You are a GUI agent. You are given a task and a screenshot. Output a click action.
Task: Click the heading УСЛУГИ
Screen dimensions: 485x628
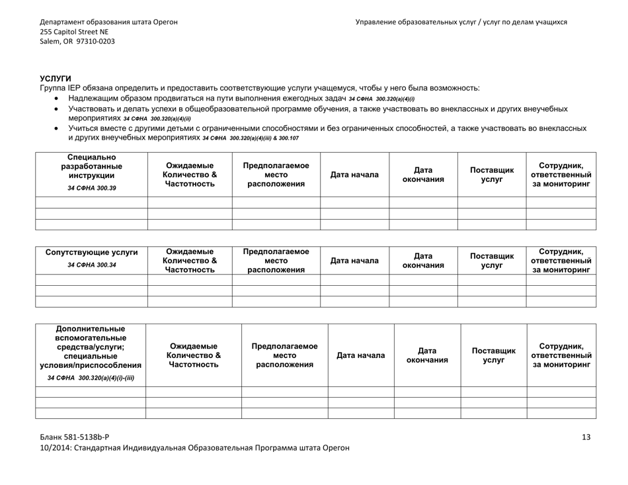56,79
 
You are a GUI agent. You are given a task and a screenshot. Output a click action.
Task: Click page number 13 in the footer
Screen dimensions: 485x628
586,437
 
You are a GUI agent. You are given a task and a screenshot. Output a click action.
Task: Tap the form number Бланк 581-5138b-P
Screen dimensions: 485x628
75,437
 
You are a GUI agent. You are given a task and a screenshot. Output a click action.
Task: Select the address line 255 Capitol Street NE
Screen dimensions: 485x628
74,31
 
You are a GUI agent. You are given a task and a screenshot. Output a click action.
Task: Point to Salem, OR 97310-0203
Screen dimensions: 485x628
77,41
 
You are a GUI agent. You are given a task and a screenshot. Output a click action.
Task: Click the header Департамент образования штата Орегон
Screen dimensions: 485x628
108,21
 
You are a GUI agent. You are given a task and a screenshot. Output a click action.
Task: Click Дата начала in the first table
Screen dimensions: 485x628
354,175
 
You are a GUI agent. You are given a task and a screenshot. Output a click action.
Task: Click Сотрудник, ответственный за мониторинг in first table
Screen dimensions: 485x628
561,175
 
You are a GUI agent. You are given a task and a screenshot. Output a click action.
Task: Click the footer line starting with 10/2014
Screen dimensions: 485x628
194,448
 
